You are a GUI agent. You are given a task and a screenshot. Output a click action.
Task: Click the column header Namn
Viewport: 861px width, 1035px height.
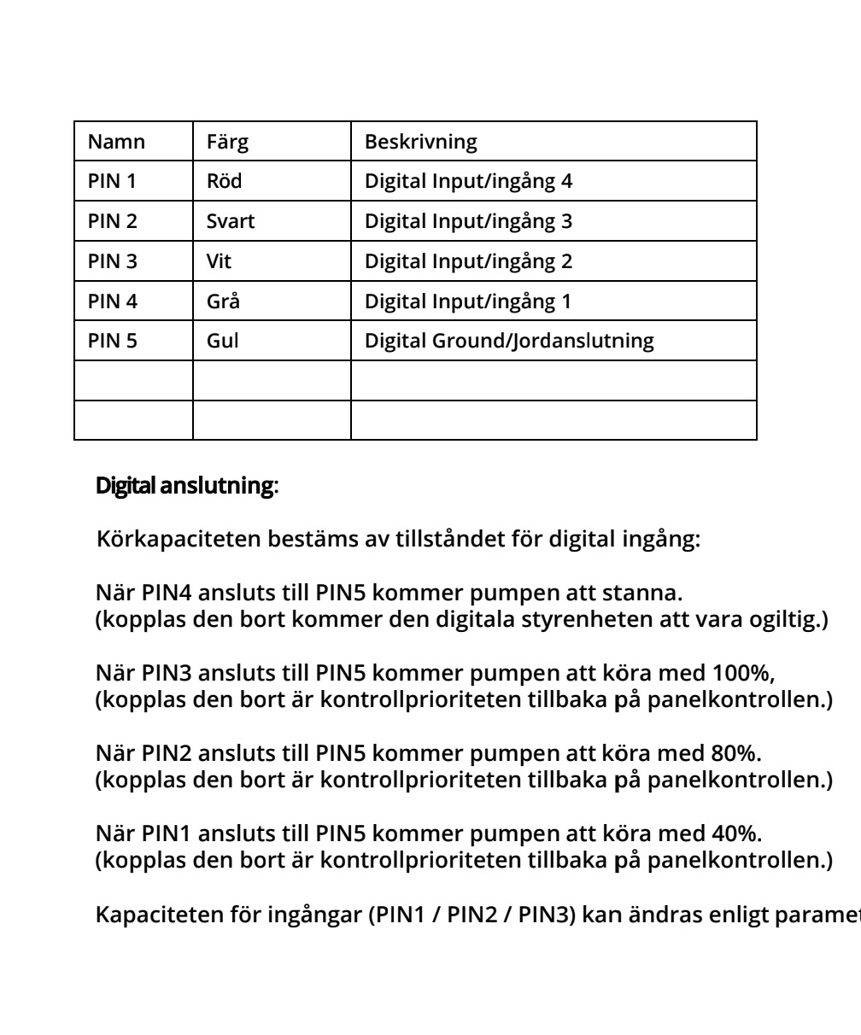[117, 142]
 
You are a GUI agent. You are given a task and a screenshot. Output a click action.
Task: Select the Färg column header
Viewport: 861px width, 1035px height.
[227, 142]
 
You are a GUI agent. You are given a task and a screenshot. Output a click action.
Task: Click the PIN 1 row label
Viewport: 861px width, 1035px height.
[113, 182]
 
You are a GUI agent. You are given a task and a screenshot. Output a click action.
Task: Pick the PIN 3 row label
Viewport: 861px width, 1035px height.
[113, 261]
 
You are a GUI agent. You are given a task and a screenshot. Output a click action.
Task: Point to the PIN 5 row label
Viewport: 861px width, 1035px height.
[113, 342]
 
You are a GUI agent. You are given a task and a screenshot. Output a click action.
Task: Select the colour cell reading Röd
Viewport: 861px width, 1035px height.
[223, 182]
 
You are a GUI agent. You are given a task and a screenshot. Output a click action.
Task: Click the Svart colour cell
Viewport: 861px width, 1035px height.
[231, 222]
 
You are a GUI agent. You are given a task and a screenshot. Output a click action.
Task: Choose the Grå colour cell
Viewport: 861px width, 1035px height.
[223, 301]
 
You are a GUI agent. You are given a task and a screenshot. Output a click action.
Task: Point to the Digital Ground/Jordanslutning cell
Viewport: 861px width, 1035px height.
[509, 342]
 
